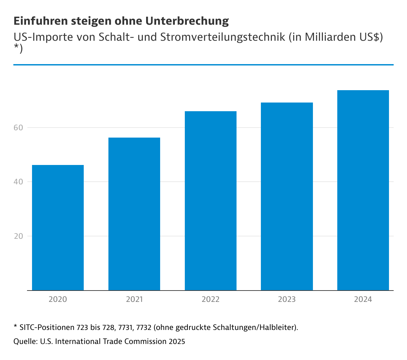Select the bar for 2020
click(58, 227)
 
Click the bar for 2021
click(134, 214)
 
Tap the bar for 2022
click(211, 201)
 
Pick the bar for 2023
click(287, 196)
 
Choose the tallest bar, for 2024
click(363, 190)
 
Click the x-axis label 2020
click(58, 299)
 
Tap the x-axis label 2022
click(211, 299)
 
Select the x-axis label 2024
click(363, 299)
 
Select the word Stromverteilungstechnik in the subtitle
click(223, 37)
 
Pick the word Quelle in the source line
click(25, 341)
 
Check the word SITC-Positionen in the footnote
click(47, 327)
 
